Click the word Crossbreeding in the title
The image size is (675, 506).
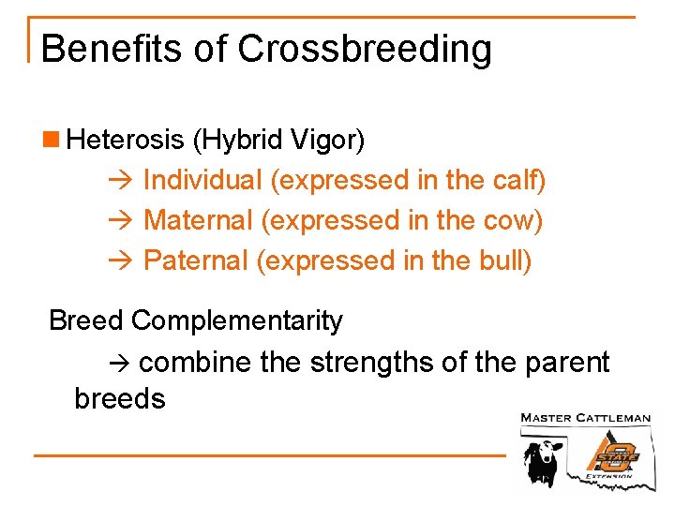click(x=365, y=49)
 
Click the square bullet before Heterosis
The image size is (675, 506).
click(x=54, y=141)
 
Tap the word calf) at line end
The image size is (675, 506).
click(x=519, y=180)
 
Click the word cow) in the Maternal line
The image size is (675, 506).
click(x=515, y=221)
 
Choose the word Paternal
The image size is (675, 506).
click(x=195, y=261)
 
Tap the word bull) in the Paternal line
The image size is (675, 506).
click(x=507, y=261)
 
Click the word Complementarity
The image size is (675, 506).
click(x=237, y=321)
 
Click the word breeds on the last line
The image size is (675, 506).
click(x=119, y=399)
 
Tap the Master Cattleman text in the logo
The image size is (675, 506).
click(x=585, y=418)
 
